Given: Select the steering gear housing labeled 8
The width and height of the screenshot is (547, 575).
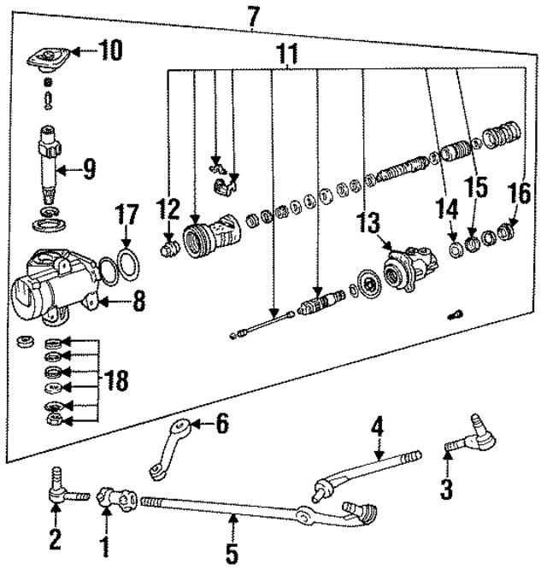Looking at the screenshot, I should [x=51, y=286].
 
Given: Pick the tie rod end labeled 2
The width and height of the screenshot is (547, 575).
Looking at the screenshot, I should [x=60, y=491].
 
